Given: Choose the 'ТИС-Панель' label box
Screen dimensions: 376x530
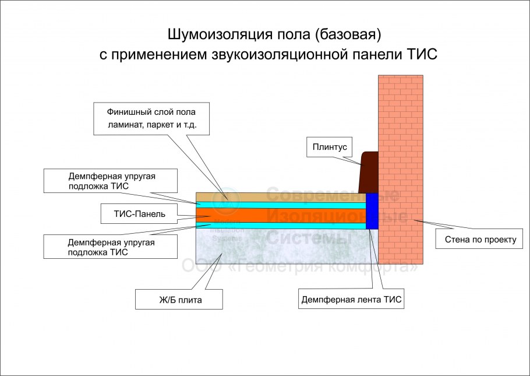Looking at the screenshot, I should (140, 214).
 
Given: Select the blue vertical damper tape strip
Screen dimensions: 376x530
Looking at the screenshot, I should (372, 210).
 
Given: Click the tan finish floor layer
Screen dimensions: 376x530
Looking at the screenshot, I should (280, 197).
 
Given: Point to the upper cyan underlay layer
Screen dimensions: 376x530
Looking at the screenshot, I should (280, 205).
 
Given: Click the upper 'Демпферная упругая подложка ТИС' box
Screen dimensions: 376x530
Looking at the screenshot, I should (110, 180).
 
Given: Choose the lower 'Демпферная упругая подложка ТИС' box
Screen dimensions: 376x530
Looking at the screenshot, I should (110, 247).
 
